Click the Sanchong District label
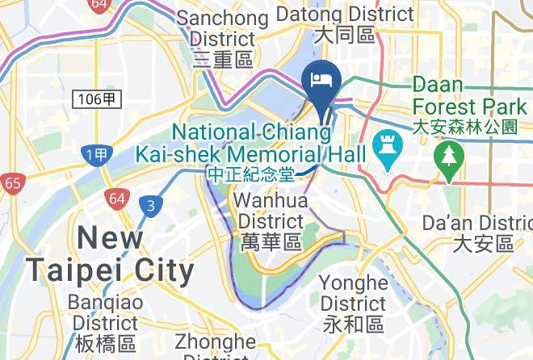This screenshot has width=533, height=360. tap(216, 38)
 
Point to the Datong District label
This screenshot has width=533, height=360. tap(345, 14)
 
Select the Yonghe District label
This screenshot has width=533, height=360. tap(353, 293)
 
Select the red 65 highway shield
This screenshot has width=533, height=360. tap(12, 183)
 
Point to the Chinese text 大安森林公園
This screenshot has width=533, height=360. tap(464, 127)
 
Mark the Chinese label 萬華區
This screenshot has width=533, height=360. tap(271, 241)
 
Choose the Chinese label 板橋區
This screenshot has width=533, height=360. tap(105, 345)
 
